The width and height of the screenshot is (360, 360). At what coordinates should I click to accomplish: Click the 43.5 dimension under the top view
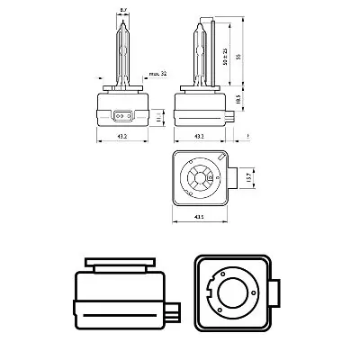tap(200, 218)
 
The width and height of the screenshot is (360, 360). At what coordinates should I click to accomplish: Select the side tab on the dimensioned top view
tap(237, 177)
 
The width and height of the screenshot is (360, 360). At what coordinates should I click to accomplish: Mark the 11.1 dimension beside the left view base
tap(159, 117)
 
